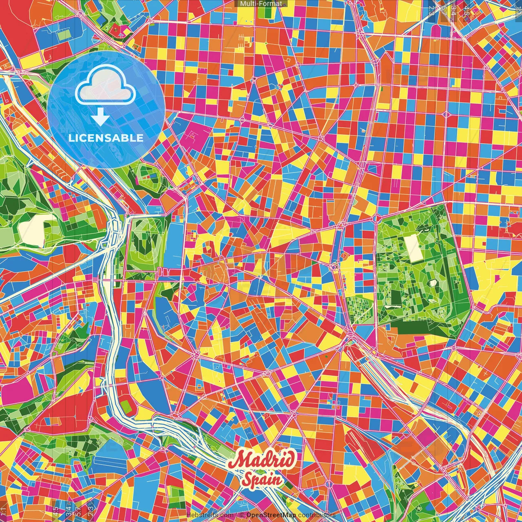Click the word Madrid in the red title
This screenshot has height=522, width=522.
(x=262, y=460)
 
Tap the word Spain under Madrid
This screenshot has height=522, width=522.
(x=262, y=479)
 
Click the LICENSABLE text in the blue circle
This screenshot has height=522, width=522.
(x=106, y=138)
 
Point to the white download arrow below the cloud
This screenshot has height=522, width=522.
(x=100, y=117)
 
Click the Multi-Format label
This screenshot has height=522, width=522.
(x=261, y=4)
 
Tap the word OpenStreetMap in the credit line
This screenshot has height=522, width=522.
(x=271, y=515)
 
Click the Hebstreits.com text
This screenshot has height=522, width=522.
(x=210, y=515)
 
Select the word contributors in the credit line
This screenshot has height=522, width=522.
(x=317, y=515)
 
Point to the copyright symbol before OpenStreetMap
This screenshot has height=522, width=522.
(x=241, y=515)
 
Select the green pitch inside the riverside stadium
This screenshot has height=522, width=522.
(x=127, y=406)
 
